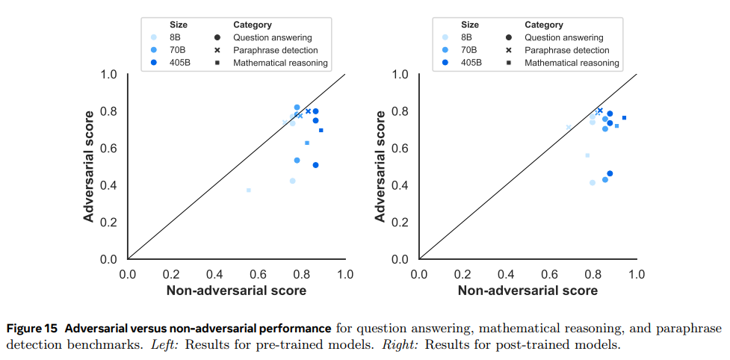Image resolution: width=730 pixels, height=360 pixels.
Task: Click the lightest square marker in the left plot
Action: tap(249, 190)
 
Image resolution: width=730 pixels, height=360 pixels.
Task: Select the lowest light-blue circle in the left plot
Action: tap(292, 181)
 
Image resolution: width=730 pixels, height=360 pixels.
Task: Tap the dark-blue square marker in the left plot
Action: tap(321, 130)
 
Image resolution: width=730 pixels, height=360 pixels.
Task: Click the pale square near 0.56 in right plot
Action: tap(587, 155)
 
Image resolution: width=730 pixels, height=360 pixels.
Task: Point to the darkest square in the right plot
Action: tap(624, 117)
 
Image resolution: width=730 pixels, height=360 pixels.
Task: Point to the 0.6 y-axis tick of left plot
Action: tap(109, 149)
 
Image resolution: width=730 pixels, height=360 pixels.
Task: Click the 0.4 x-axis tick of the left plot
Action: tap(214, 274)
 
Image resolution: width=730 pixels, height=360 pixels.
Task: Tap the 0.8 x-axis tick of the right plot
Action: tap(593, 274)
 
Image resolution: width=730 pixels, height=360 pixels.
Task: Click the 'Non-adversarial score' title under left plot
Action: tap(236, 291)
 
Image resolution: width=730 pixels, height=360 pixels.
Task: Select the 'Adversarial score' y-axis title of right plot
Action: tap(380, 166)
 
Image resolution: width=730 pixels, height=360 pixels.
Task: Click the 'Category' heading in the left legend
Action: tap(253, 25)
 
